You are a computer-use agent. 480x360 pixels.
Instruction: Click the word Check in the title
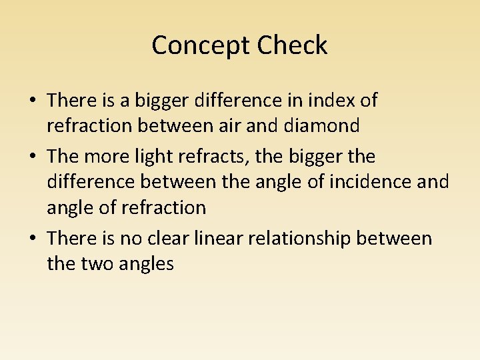pyautogui.click(x=293, y=46)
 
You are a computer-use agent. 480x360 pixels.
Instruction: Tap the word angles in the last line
pyautogui.click(x=145, y=264)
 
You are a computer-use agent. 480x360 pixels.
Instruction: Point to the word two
pyautogui.click(x=97, y=263)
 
